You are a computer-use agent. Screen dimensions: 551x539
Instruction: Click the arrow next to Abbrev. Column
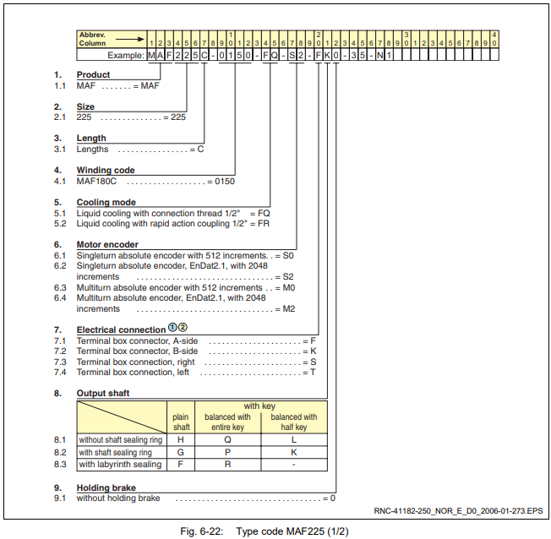pos(130,40)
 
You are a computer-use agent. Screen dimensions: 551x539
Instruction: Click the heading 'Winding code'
pos(106,171)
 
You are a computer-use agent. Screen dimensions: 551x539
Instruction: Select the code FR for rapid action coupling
pos(264,224)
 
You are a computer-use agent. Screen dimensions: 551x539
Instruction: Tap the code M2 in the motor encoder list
pos(289,309)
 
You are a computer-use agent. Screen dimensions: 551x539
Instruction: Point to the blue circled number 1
pos(172,328)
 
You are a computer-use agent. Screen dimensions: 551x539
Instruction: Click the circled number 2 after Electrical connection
pos(183,328)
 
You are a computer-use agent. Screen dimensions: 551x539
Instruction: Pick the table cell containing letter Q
pos(227,440)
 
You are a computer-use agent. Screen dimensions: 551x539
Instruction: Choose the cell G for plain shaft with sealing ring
pos(181,452)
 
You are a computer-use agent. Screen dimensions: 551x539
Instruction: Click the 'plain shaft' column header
pos(181,422)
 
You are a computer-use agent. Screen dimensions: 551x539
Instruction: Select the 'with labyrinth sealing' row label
pos(120,465)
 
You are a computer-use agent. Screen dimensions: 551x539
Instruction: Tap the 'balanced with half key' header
pos(294,422)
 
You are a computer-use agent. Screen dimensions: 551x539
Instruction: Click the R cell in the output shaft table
pos(227,465)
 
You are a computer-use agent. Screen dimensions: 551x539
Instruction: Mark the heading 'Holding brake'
pos(106,487)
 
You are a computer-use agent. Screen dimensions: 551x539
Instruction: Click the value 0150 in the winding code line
pos(225,182)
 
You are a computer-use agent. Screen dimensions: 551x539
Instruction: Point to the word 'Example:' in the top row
pos(126,55)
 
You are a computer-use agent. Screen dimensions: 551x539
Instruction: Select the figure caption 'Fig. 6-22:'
pos(202,531)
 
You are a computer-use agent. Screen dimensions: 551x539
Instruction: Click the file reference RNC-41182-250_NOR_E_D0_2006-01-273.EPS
pos(458,511)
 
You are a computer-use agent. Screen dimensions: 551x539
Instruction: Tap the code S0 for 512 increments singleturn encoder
pos(288,255)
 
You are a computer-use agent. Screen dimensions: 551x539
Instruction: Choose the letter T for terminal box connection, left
pos(313,372)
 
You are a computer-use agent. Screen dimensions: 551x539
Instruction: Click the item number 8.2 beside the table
pos(60,452)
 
